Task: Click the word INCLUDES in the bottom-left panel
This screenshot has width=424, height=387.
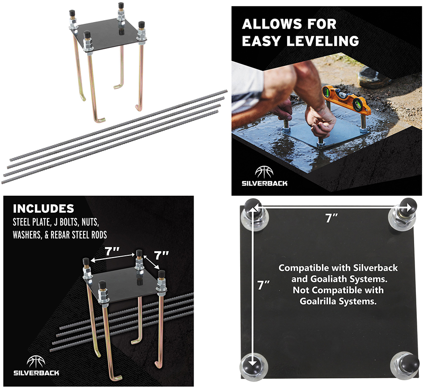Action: tap(43, 208)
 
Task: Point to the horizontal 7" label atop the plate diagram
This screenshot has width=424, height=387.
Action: tap(331, 218)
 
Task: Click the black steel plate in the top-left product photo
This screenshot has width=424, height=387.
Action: tap(106, 33)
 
